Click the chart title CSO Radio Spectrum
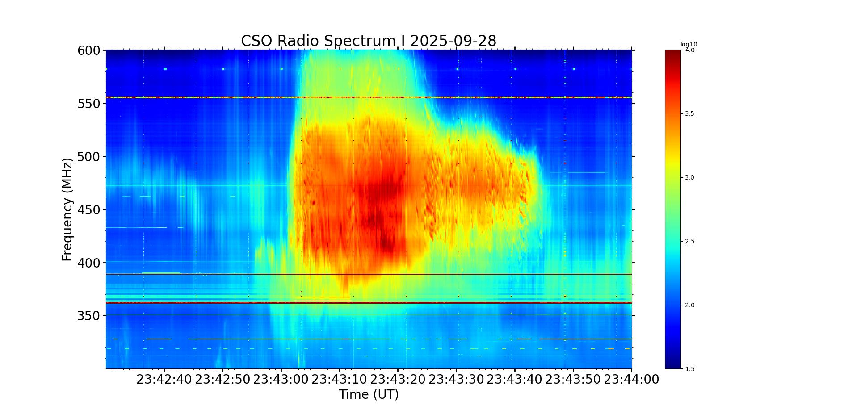pyautogui.click(x=318, y=41)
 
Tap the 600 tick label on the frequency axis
pyautogui.click(x=88, y=50)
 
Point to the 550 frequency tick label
pyautogui.click(x=88, y=104)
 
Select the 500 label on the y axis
pyautogui.click(x=88, y=157)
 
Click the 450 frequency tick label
pyautogui.click(x=88, y=210)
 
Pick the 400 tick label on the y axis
pyautogui.click(x=88, y=263)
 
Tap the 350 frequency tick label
pyautogui.click(x=88, y=316)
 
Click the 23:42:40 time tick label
pyautogui.click(x=164, y=380)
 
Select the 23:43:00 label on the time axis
pyautogui.click(x=281, y=380)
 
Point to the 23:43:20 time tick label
pyautogui.click(x=398, y=380)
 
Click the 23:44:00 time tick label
pyautogui.click(x=631, y=380)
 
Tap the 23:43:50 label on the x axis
pyautogui.click(x=573, y=380)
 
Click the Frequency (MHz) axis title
pyautogui.click(x=67, y=209)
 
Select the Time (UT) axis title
pyautogui.click(x=369, y=395)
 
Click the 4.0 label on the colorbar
pyautogui.click(x=689, y=50)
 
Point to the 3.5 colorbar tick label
pyautogui.click(x=689, y=114)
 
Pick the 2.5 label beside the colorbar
pyautogui.click(x=689, y=242)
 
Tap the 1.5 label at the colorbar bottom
pyautogui.click(x=689, y=369)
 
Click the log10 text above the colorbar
pyautogui.click(x=688, y=44)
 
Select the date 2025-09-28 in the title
pyautogui.click(x=453, y=41)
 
